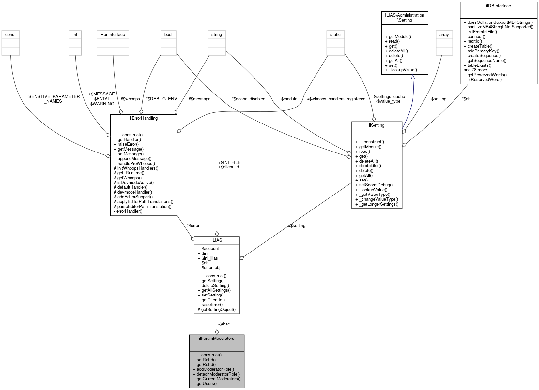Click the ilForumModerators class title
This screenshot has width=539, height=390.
[x=217, y=338]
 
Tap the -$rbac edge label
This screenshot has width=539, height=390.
[x=224, y=324]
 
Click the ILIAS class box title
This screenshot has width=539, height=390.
[x=217, y=240]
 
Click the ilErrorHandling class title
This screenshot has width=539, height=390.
[x=144, y=118]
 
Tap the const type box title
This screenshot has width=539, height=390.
[x=10, y=34]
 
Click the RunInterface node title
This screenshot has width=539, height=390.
[x=113, y=34]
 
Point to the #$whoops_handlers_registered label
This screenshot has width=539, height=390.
[x=336, y=99]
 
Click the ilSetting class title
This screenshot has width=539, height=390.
[x=377, y=125]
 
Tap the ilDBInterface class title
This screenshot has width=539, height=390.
[x=498, y=6]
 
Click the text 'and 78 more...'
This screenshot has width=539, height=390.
[x=477, y=70]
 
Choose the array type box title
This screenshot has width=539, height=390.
[x=444, y=34]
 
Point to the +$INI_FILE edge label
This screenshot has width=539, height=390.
[x=229, y=162]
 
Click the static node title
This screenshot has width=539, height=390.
[x=335, y=34]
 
